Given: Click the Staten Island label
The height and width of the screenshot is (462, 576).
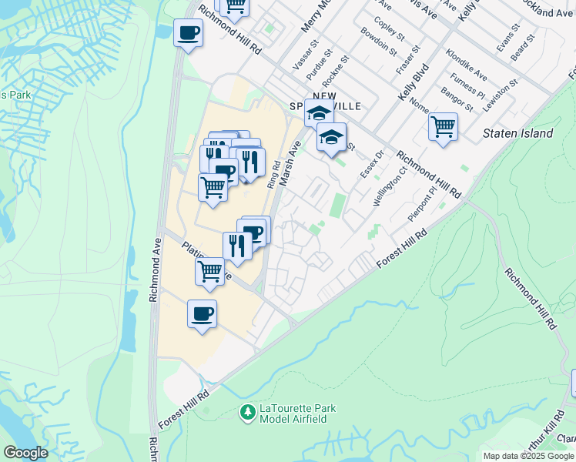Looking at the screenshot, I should pos(517,133).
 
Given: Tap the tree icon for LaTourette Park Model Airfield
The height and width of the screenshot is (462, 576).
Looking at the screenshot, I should pos(248,413).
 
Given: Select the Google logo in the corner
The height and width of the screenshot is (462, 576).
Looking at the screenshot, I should pos(25,453).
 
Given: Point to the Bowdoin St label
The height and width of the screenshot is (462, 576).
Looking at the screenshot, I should pos(380,43).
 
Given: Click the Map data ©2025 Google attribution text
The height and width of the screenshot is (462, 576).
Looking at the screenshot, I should pos(528,456).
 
